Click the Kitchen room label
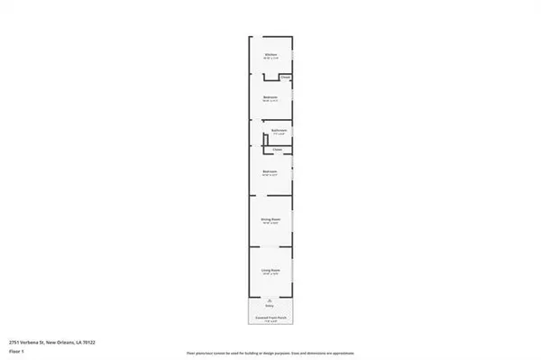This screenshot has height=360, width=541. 270,55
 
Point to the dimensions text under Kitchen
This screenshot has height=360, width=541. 270,60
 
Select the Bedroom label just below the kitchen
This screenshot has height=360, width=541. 270,97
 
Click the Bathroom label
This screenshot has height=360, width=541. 279,131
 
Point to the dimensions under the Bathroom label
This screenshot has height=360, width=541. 279,135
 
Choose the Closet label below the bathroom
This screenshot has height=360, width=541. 278,149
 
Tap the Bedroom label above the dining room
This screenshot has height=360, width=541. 270,171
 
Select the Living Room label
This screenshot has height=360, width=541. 270,268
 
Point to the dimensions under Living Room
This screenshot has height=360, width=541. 270,272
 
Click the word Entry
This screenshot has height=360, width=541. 270,306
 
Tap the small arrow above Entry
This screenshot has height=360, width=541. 270,300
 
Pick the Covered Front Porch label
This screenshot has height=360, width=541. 270,316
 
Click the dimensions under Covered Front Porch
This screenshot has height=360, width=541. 270,320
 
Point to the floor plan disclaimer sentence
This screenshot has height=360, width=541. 270,351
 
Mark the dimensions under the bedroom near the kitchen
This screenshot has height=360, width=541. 270,101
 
